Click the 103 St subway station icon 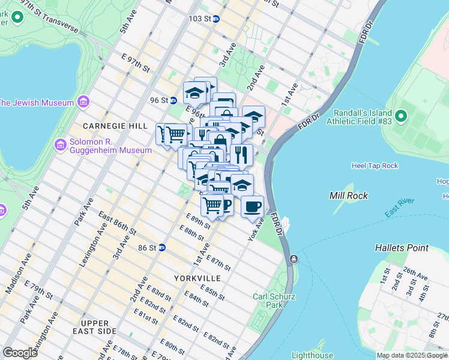click(216, 19)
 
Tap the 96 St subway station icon click(172, 100)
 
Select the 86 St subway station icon click(162, 247)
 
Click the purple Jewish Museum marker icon click(82, 103)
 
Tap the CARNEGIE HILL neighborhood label click(115, 126)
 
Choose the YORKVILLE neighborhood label click(197, 278)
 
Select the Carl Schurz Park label click(276, 301)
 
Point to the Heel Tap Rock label click(375, 166)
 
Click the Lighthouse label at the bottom click(312, 355)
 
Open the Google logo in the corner click(20, 352)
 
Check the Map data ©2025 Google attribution click(412, 355)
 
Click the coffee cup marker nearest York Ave click(252, 207)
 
